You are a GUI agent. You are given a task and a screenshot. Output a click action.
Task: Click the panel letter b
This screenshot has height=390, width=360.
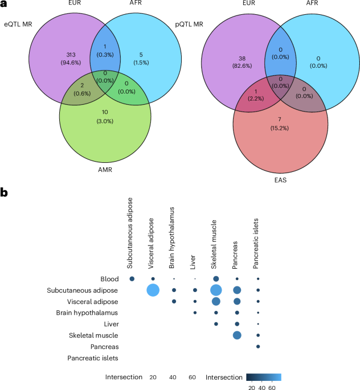5,193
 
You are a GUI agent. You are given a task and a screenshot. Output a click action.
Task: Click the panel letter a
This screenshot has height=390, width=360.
4,5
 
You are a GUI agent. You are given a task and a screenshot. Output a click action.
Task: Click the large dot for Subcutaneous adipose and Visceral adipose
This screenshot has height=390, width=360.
153,290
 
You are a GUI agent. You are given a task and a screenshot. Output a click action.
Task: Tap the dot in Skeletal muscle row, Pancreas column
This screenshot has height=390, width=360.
237,335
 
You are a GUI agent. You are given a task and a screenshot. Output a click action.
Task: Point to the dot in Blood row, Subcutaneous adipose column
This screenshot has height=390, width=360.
132,279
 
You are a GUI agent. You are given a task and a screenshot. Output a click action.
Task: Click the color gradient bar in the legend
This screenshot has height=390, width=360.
264,377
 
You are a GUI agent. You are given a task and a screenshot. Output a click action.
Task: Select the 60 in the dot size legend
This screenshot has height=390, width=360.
193,377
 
